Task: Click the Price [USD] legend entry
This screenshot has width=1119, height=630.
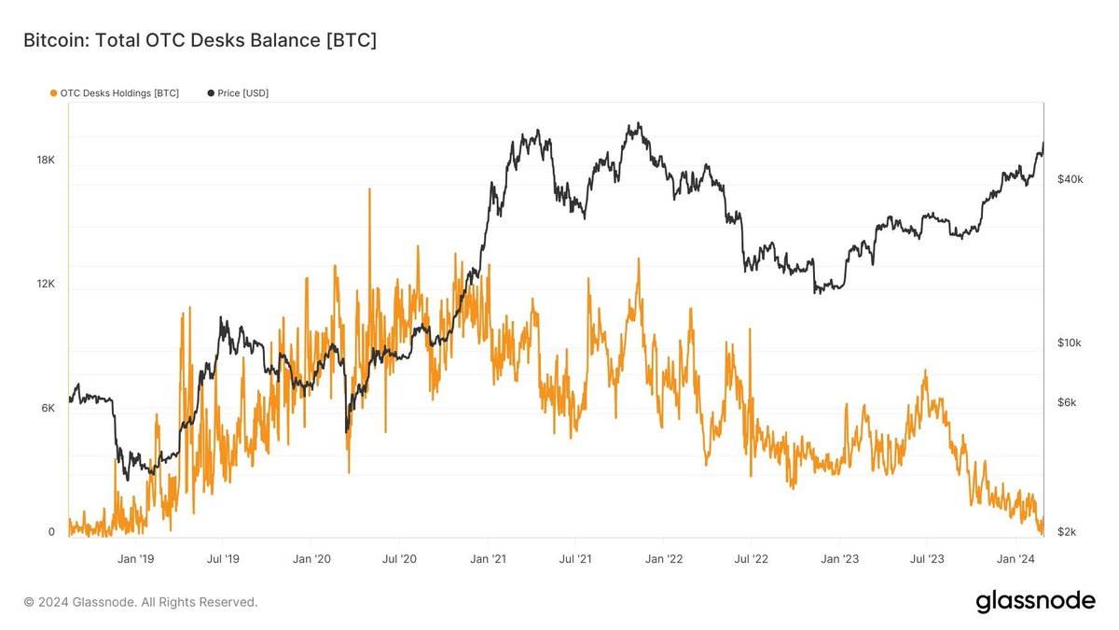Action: pyautogui.click(x=237, y=93)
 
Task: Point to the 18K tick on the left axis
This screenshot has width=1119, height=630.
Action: pyautogui.click(x=46, y=161)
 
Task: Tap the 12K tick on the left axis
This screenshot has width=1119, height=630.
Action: pyautogui.click(x=46, y=285)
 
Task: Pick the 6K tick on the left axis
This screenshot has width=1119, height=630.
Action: pyautogui.click(x=46, y=409)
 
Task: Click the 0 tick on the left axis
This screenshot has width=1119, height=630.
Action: pyautogui.click(x=51, y=532)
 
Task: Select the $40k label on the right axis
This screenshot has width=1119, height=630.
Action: pyautogui.click(x=1070, y=179)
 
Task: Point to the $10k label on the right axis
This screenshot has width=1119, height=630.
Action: pyautogui.click(x=1070, y=343)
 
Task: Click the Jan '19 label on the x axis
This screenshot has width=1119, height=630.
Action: pyautogui.click(x=136, y=559)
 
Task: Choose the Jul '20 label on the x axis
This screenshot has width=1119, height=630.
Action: pyautogui.click(x=399, y=559)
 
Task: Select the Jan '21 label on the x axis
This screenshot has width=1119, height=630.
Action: pyautogui.click(x=488, y=559)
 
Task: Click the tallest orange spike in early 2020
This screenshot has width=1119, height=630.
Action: pyautogui.click(x=369, y=189)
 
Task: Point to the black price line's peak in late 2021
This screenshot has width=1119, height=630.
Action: pyautogui.click(x=635, y=123)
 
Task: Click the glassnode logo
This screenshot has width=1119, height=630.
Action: pyautogui.click(x=1035, y=602)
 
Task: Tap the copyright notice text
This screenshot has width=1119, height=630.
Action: pyautogui.click(x=140, y=603)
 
